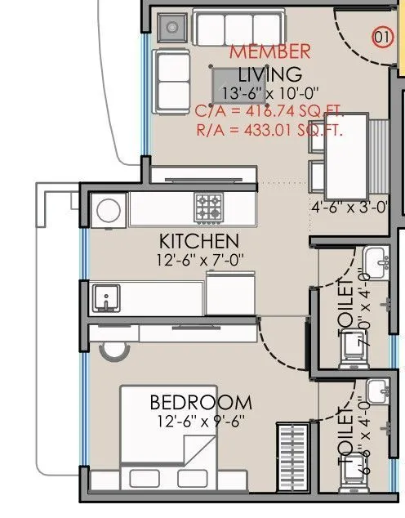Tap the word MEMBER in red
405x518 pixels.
point(269,51)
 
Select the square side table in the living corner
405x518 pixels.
point(171,28)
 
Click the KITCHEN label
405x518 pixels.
point(198,241)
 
